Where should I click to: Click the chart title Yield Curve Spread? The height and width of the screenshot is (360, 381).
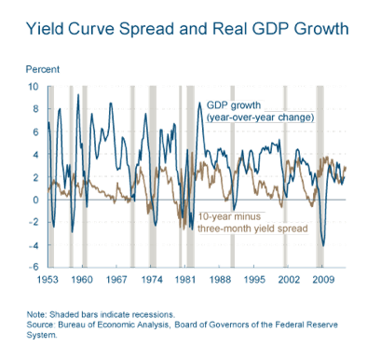click(x=100, y=29)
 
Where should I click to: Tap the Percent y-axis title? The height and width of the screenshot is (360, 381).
click(x=42, y=69)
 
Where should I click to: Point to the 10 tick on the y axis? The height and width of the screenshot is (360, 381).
click(x=34, y=87)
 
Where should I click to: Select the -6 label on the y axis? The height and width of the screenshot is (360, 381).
click(x=34, y=267)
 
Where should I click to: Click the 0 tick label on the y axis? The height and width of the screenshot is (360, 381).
click(x=36, y=200)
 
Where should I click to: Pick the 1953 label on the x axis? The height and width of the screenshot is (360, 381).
click(x=48, y=280)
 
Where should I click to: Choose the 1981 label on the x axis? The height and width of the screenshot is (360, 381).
click(x=185, y=280)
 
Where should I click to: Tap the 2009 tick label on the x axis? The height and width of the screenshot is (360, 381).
click(x=323, y=280)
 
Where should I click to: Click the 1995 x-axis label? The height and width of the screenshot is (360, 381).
click(x=254, y=280)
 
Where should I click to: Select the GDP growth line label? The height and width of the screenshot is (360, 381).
click(x=234, y=105)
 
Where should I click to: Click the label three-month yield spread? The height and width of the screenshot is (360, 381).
click(x=252, y=228)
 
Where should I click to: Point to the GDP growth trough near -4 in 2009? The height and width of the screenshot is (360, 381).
click(x=323, y=246)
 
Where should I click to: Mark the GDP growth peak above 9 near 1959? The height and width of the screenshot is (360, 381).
click(x=78, y=94)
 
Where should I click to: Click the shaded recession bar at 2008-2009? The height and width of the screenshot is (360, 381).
click(x=320, y=176)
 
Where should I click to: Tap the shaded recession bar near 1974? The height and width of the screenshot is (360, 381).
click(x=153, y=176)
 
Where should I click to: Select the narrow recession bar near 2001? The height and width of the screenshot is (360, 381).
click(x=285, y=176)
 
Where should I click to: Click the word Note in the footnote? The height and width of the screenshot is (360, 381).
click(x=36, y=314)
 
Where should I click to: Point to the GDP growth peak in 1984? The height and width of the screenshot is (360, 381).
click(x=199, y=103)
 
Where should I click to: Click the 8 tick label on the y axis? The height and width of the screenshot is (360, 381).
click(x=36, y=109)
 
